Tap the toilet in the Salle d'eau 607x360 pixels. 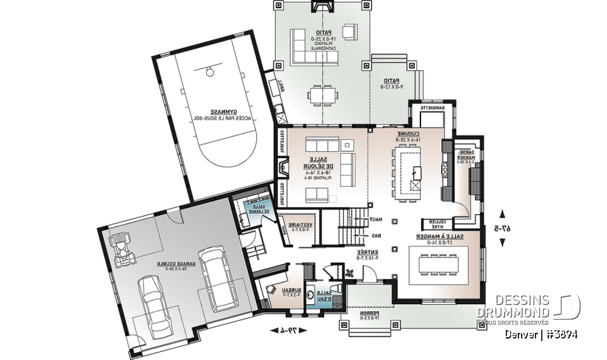point(337,290)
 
